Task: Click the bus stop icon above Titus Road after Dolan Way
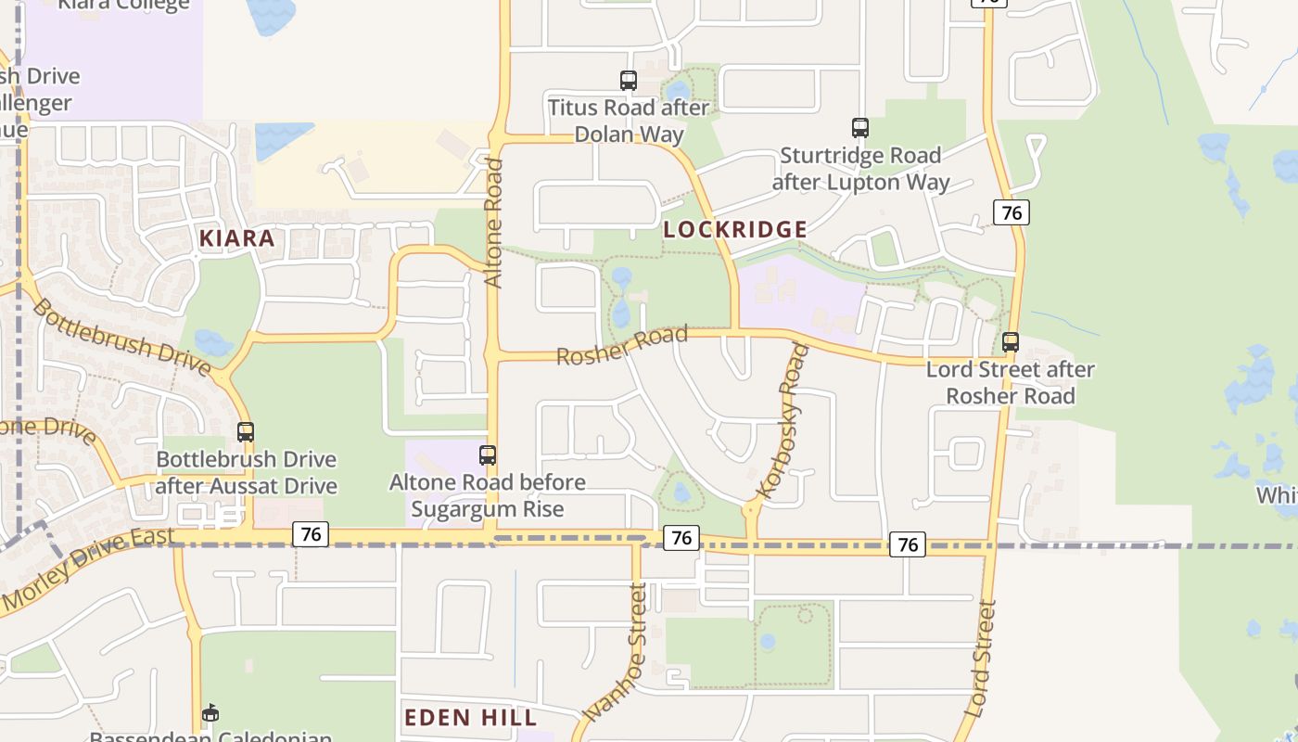coord(629,81)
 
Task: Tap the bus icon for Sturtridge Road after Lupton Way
coord(860,128)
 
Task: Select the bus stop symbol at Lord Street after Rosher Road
coord(1011,342)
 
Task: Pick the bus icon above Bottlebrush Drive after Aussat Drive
coord(246,432)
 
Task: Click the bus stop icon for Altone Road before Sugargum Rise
coord(488,455)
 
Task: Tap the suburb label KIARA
coord(237,238)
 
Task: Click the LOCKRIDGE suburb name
coord(734,229)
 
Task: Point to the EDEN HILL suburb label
coord(471,717)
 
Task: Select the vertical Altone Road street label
coord(494,224)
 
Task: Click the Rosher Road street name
coord(622,345)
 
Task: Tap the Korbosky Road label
coord(783,422)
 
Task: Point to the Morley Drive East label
coord(88,569)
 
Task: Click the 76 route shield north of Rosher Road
coord(1012,212)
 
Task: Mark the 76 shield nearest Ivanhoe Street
coord(681,537)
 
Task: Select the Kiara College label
coord(124,5)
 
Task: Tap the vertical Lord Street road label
coord(980,659)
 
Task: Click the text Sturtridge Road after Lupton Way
coord(860,168)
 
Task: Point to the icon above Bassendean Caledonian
coord(211,712)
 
